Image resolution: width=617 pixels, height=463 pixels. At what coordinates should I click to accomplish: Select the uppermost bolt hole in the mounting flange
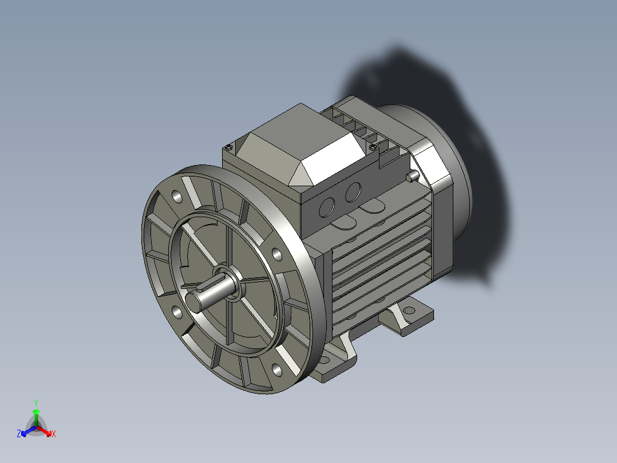pyautogui.click(x=177, y=197)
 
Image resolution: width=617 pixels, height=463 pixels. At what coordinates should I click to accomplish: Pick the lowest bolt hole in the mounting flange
pyautogui.click(x=277, y=370)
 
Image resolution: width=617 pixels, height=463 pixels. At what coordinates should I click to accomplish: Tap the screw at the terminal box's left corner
pyautogui.click(x=229, y=147)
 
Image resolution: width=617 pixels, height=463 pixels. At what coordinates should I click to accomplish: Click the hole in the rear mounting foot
pyautogui.click(x=409, y=311)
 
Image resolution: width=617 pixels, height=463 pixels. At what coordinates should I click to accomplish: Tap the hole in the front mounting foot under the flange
pyautogui.click(x=325, y=360)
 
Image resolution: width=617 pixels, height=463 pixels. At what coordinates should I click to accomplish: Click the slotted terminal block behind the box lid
pyautogui.click(x=358, y=129)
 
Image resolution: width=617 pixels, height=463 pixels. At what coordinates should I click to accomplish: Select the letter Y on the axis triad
pyautogui.click(x=35, y=403)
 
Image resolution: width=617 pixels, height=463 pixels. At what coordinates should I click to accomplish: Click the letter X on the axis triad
pyautogui.click(x=53, y=434)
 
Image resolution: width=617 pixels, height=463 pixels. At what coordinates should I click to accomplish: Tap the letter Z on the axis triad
pyautogui.click(x=19, y=434)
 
